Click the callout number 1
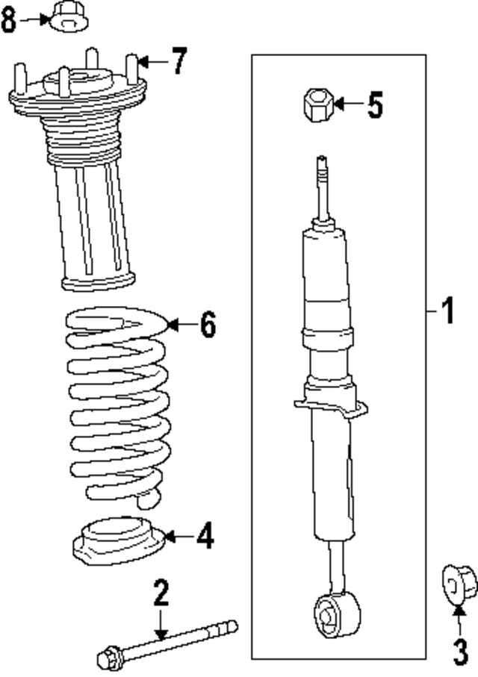pos(447,311)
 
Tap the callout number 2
pos(161,594)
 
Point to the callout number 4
pos(205,536)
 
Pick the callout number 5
pos(374,104)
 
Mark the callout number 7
pos(178,61)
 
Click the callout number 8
pos(9,20)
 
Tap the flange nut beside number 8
pos(65,18)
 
